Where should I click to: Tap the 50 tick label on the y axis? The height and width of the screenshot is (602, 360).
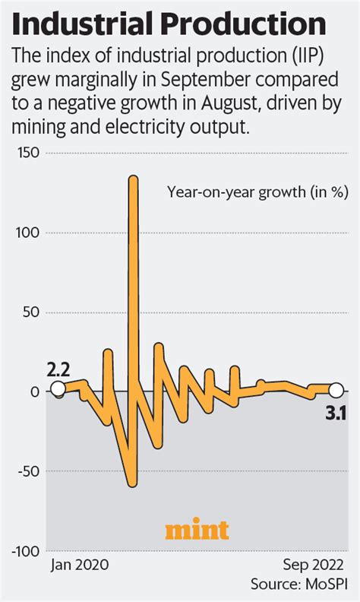tap(33, 312)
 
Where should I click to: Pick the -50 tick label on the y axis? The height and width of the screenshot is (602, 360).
tap(30, 471)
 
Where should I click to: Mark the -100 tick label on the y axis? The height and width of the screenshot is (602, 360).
tap(27, 550)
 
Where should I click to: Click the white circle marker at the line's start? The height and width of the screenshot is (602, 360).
tap(58, 391)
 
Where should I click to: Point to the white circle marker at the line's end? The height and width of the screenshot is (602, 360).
tap(334, 390)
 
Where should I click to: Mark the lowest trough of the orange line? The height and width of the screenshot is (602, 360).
tap(132, 483)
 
